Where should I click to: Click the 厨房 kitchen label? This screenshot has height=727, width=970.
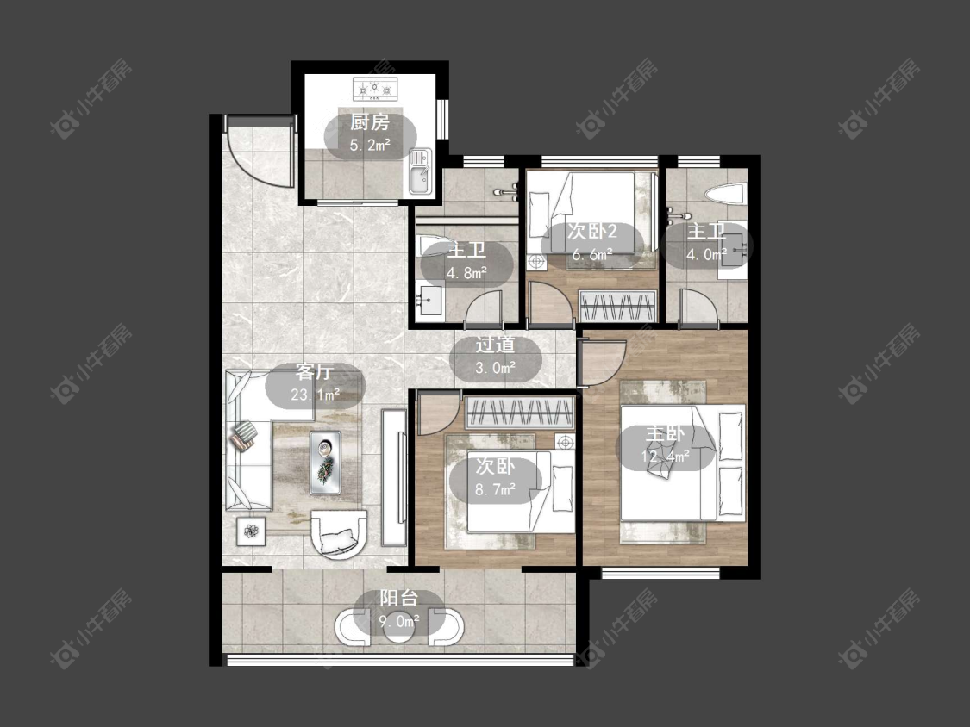pyautogui.click(x=370, y=122)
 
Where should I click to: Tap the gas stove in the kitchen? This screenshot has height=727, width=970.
pyautogui.click(x=374, y=89)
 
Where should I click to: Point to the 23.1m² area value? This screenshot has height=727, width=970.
pyautogui.click(x=315, y=395)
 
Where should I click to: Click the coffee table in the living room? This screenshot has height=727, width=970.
pyautogui.click(x=325, y=463)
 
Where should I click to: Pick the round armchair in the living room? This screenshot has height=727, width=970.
pyautogui.click(x=338, y=533)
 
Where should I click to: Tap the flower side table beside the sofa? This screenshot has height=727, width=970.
pyautogui.click(x=251, y=531)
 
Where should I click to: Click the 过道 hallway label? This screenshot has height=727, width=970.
pyautogui.click(x=495, y=345)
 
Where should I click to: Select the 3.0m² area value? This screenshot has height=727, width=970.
pyautogui.click(x=495, y=368)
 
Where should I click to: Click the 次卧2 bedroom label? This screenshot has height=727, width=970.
pyautogui.click(x=592, y=232)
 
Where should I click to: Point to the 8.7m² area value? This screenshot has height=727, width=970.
pyautogui.click(x=495, y=490)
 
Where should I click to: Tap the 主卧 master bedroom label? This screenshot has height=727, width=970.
pyautogui.click(x=666, y=433)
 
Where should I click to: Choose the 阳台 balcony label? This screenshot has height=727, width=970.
pyautogui.click(x=399, y=599)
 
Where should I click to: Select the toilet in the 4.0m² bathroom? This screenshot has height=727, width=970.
pyautogui.click(x=726, y=194)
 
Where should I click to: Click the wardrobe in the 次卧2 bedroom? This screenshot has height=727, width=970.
pyautogui.click(x=616, y=306)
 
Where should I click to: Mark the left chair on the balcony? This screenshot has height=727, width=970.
pyautogui.click(x=354, y=627)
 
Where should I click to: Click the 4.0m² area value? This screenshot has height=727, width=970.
pyautogui.click(x=706, y=254)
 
